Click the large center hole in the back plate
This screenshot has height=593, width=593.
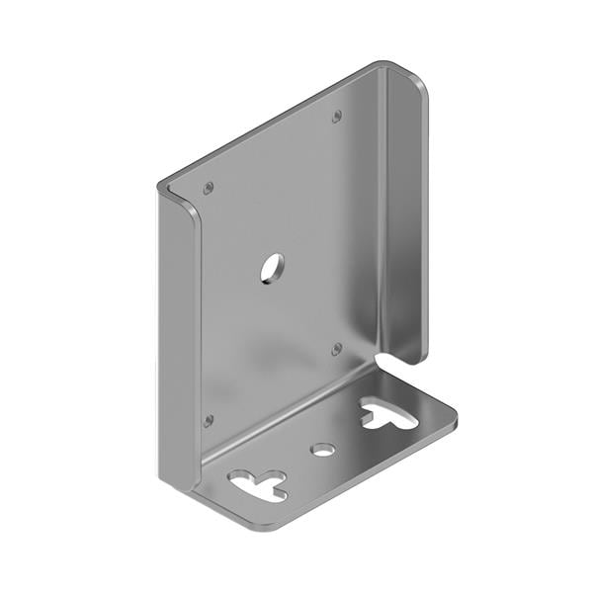(272, 267)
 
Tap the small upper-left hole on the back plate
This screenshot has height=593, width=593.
(208, 187)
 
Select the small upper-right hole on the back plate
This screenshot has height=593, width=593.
(337, 117)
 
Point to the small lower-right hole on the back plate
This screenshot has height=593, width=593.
(336, 349)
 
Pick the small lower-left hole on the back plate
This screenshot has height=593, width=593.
(208, 421)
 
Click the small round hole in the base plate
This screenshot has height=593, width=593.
(322, 450)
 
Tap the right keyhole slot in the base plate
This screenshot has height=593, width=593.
(388, 412)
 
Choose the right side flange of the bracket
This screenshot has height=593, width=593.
(405, 217)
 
